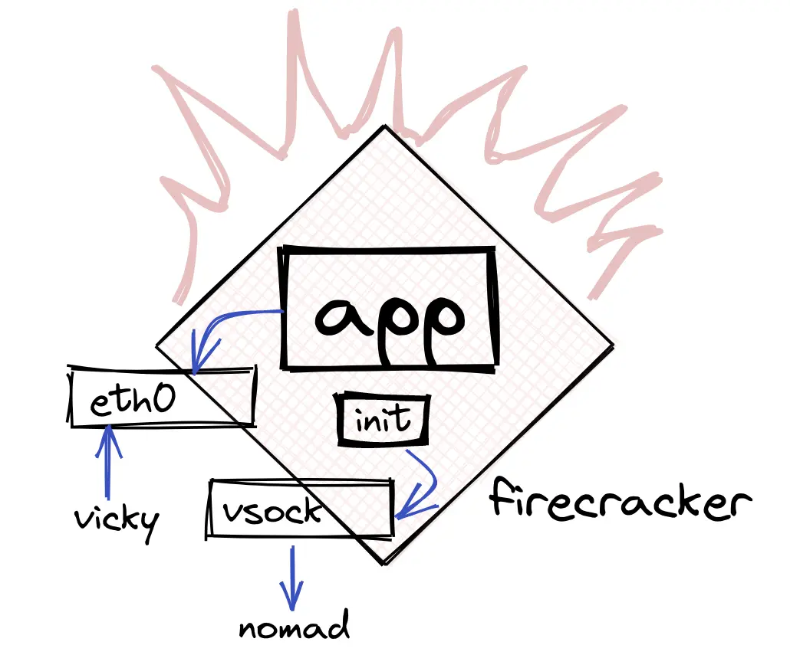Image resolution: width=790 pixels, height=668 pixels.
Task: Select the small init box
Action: tap(383, 420)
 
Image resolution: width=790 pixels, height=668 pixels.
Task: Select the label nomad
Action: tap(294, 627)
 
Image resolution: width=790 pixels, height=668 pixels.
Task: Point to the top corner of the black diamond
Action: tap(384, 126)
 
